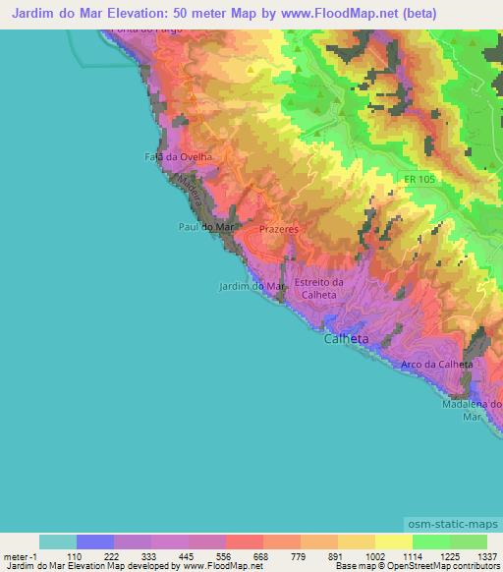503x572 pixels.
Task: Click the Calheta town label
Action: click(x=347, y=339)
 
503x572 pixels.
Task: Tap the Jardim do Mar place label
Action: click(x=251, y=287)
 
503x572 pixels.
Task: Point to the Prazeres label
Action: click(x=278, y=227)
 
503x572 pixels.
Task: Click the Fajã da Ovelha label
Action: click(x=178, y=156)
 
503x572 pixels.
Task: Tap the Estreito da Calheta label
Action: click(x=318, y=288)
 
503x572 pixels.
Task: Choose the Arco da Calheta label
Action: click(x=437, y=365)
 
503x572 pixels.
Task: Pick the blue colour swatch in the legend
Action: click(x=95, y=542)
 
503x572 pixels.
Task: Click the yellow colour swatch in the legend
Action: click(x=393, y=542)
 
